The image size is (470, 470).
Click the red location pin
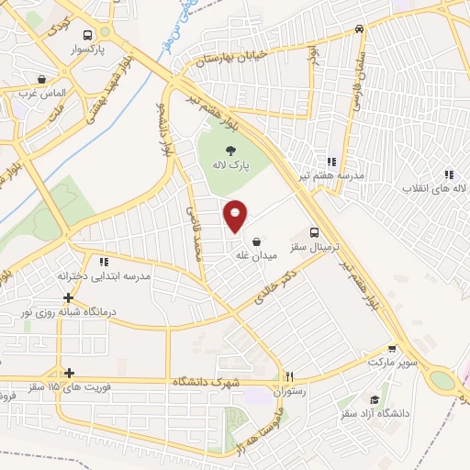[x=236, y=215]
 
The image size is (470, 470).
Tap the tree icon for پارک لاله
[x=231, y=152]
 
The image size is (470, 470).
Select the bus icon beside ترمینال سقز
[x=315, y=232]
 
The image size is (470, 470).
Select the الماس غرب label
[x=41, y=93]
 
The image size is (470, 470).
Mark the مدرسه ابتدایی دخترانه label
[x=105, y=276]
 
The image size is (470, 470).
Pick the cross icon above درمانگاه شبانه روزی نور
[x=68, y=297]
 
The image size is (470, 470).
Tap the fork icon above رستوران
[x=290, y=375]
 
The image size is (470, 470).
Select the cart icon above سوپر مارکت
[x=393, y=348]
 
